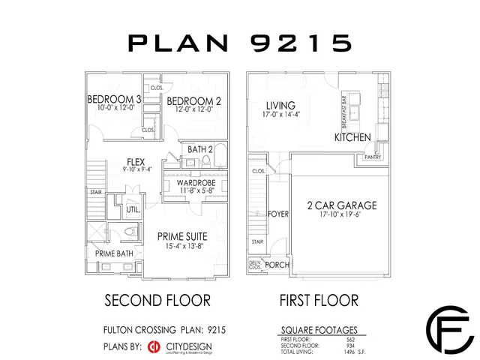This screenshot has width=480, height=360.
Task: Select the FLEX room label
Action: pyautogui.click(x=135, y=161)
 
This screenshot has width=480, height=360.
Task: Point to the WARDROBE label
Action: pyautogui.click(x=196, y=183)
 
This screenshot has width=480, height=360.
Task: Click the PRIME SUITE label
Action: pyautogui.click(x=181, y=236)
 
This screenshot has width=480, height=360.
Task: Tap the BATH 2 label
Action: pyautogui.click(x=200, y=149)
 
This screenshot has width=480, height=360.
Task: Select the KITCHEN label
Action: pyautogui.click(x=352, y=138)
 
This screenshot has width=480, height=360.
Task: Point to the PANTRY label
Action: pyautogui.click(x=373, y=157)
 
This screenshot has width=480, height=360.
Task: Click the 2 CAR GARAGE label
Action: pyautogui.click(x=340, y=205)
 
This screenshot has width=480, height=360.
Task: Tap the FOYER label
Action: pyautogui.click(x=278, y=214)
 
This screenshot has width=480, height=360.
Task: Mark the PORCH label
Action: pyautogui.click(x=277, y=265)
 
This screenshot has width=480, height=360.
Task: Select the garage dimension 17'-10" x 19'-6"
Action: pyautogui.click(x=340, y=215)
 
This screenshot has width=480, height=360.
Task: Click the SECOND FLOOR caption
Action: pyautogui.click(x=156, y=301)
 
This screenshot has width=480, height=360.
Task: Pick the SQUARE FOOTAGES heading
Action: pyautogui.click(x=318, y=329)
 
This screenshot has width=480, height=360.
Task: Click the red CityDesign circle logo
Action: pyautogui.click(x=154, y=346)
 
